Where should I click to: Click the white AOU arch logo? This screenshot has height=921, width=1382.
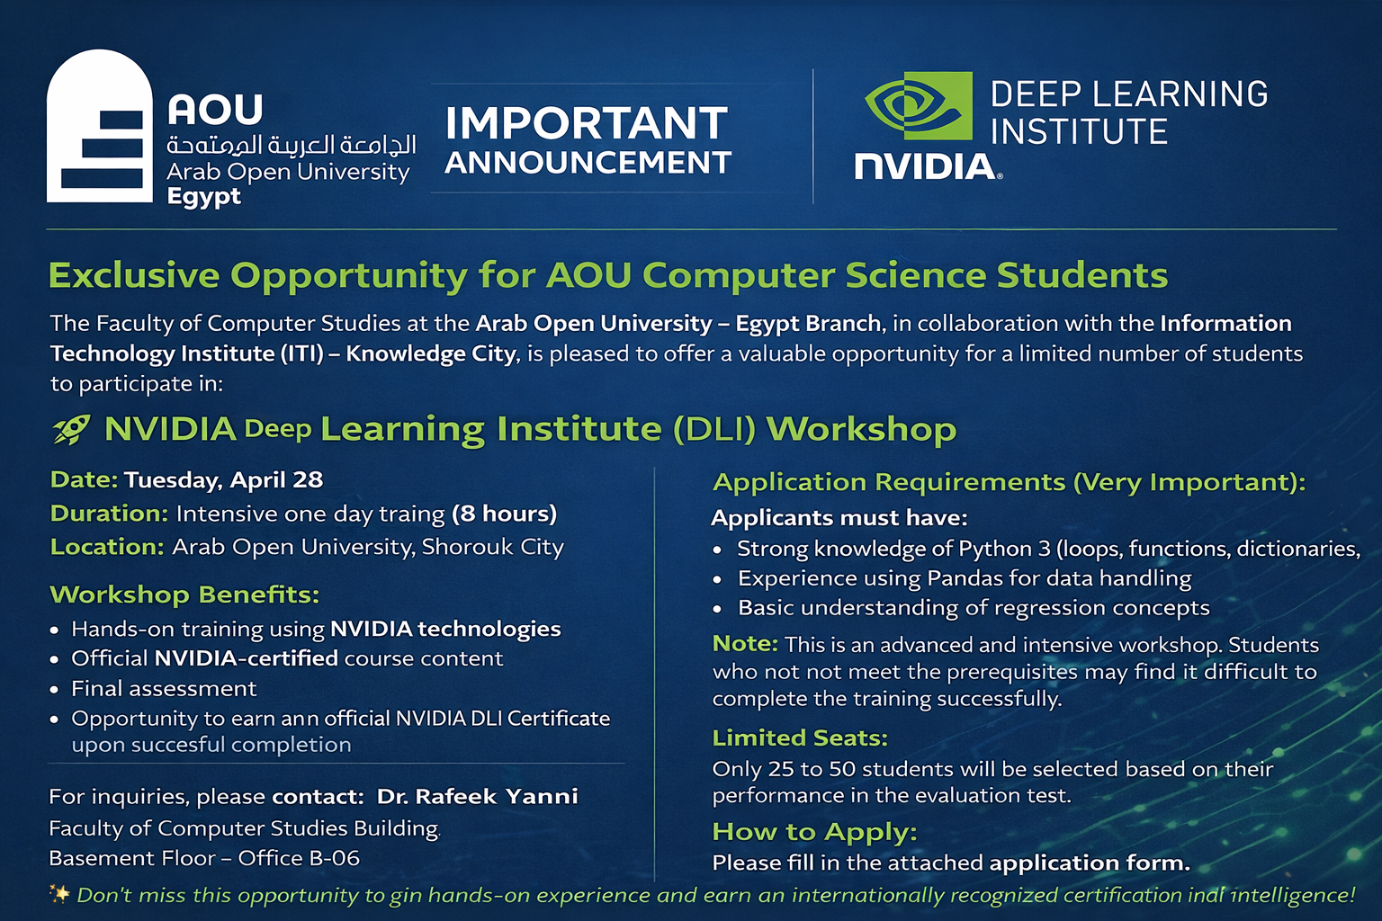[99, 126]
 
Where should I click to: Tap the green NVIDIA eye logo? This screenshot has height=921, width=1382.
[919, 105]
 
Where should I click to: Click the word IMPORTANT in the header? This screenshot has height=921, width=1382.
[587, 122]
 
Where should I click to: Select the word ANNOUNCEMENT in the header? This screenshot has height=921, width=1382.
[588, 163]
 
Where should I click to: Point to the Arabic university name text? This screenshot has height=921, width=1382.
[292, 145]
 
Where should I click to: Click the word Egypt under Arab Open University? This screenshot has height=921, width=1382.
[203, 197]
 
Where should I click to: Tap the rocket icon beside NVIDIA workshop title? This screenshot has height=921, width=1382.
[72, 429]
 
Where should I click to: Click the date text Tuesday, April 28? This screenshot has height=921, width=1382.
[223, 480]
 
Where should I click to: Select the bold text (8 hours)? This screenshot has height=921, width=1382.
[504, 514]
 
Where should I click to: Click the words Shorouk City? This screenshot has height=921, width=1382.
[493, 547]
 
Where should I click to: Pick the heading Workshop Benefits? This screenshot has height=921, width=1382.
[184, 595]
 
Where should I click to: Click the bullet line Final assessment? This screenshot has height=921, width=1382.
[164, 688]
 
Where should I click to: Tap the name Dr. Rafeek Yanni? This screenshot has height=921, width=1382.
[478, 796]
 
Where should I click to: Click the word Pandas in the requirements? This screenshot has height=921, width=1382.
[968, 578]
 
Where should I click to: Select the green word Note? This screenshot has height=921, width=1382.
[745, 644]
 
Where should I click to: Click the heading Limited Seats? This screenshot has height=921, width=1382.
[800, 738]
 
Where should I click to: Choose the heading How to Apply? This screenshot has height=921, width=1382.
[814, 832]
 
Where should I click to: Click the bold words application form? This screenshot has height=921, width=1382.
[1090, 863]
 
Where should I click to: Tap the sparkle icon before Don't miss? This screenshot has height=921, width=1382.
[59, 895]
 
